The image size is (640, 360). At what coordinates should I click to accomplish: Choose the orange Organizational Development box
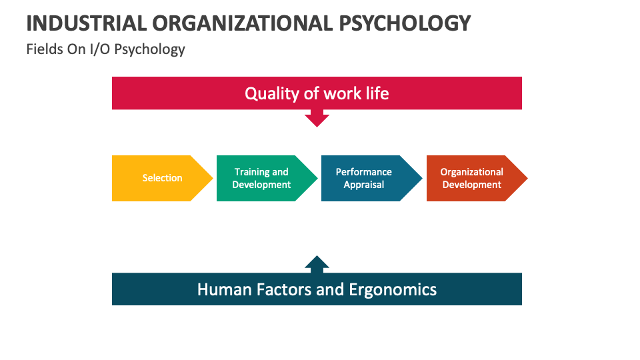[471, 178]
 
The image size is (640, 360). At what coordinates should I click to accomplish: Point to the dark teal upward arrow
[317, 263]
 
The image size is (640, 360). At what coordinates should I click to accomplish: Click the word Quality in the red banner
[272, 93]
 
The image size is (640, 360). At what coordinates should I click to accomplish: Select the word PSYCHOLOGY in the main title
[405, 23]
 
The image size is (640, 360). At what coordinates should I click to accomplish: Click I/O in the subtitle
[100, 49]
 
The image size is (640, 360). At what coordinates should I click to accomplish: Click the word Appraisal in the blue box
[364, 185]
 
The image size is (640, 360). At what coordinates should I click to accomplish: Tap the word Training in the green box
[251, 172]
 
